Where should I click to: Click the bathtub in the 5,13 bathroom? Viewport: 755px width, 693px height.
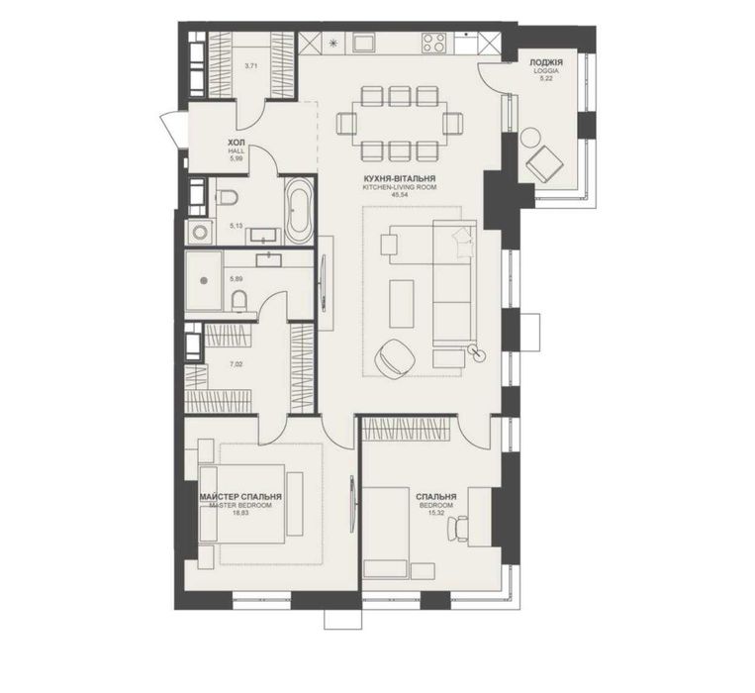click(x=299, y=211)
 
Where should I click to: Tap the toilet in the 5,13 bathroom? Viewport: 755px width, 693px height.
click(x=227, y=197)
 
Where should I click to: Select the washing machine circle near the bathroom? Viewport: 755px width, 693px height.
click(x=199, y=232)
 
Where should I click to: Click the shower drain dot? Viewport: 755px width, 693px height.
click(x=204, y=280)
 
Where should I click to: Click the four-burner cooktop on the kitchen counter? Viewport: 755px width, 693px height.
click(x=433, y=43)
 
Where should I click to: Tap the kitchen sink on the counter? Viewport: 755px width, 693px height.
click(x=359, y=42)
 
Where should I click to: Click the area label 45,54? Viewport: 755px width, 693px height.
click(x=400, y=195)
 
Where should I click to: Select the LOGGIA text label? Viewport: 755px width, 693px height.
click(x=546, y=70)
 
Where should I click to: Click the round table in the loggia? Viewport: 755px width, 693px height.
click(x=530, y=137)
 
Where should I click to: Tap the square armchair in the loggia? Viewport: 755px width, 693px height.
click(x=544, y=163)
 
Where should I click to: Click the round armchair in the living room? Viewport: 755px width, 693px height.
click(x=396, y=355)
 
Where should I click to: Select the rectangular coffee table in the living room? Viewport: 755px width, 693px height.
click(x=402, y=304)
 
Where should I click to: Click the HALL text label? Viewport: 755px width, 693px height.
click(x=236, y=151)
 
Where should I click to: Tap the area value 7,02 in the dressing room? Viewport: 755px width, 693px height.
click(x=236, y=364)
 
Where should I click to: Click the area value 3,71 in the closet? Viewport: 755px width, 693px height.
click(x=251, y=67)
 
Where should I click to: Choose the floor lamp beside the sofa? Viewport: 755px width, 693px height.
click(x=478, y=353)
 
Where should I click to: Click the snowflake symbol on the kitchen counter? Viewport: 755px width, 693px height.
click(x=332, y=43)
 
